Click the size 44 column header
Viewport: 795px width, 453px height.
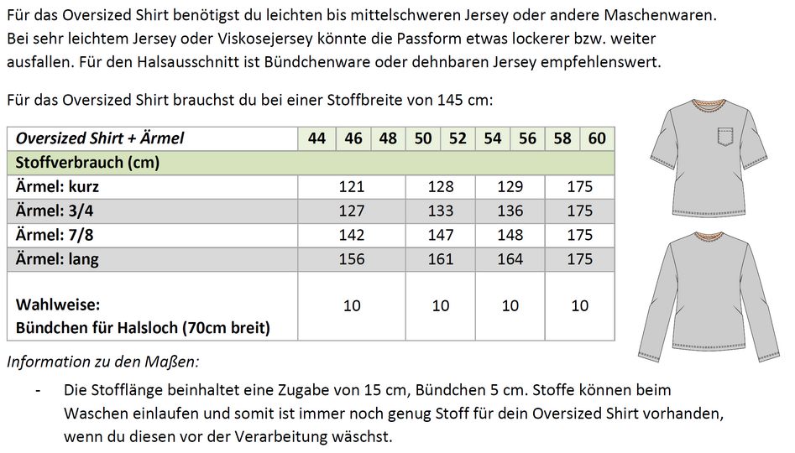316,138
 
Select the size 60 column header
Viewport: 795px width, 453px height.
597,138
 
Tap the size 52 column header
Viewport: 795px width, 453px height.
458,138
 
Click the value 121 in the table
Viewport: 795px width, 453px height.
352,186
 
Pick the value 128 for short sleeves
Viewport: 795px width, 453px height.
441,186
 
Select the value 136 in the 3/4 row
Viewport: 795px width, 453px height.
510,211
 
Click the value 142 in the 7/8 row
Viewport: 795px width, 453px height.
352,235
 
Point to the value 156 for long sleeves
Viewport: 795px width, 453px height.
352,259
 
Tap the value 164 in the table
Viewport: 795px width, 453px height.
510,259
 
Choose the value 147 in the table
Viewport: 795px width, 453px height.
441,235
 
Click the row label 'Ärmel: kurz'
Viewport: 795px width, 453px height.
57,186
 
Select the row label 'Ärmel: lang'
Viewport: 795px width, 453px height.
57,259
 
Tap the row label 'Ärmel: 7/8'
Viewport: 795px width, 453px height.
55,235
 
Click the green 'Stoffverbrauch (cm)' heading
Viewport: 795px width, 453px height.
87,162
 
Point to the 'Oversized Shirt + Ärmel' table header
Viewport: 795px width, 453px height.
100,138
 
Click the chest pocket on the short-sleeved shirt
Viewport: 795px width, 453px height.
724,135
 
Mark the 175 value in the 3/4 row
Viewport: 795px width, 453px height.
580,211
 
